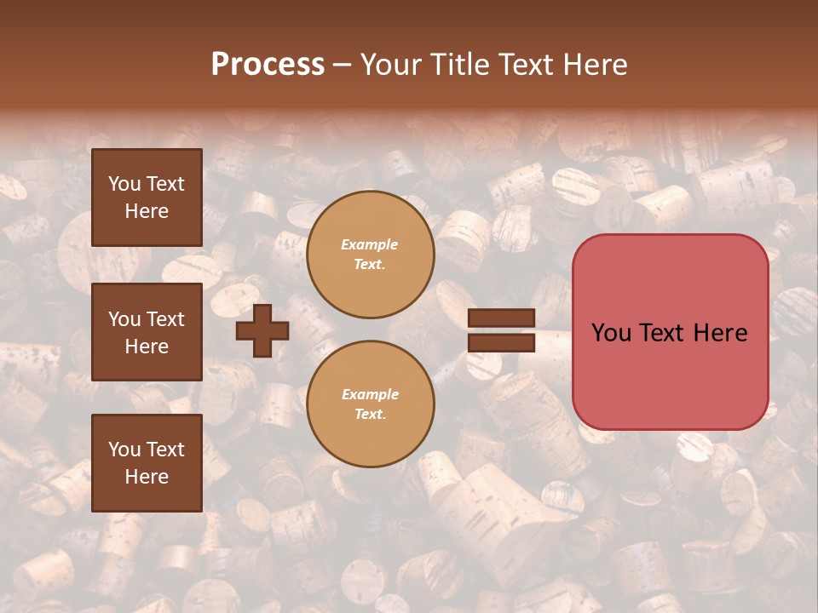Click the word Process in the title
click(x=268, y=65)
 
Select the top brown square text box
click(x=147, y=198)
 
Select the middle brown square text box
click(x=147, y=332)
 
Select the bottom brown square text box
click(x=147, y=462)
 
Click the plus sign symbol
click(x=262, y=330)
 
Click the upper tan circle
click(x=370, y=255)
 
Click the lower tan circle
click(x=370, y=404)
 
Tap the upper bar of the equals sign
click(x=502, y=318)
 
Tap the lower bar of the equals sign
click(x=502, y=343)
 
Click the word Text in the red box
click(x=667, y=333)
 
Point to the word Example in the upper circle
click(x=370, y=244)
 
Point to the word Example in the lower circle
click(x=370, y=394)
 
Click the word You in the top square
click(x=124, y=184)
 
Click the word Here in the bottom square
click(x=147, y=477)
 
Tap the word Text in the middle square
click(x=165, y=319)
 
